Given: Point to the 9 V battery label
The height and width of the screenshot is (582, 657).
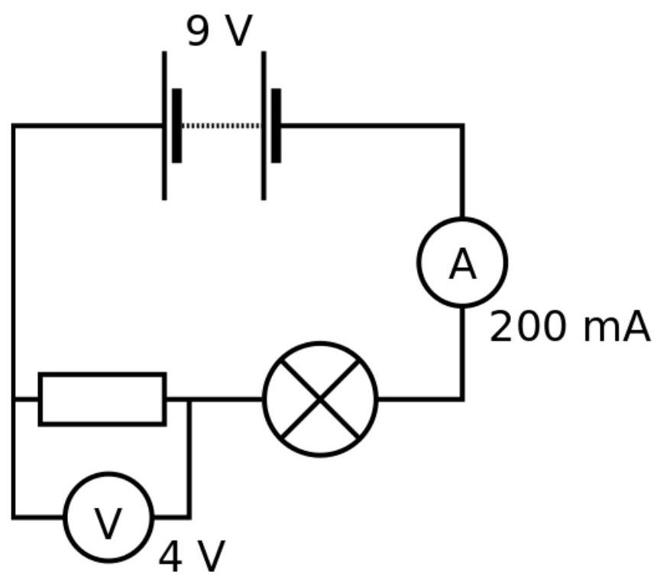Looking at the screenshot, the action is point(219,31).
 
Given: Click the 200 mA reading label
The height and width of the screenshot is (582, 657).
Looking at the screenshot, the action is point(569,327).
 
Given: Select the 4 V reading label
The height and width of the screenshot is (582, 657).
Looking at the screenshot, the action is point(192,557).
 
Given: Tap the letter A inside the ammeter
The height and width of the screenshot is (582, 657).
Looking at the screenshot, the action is point(463,264).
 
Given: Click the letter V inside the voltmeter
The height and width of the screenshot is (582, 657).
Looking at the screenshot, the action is point(108,523).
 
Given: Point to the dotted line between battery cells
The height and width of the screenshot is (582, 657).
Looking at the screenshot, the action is point(221,125).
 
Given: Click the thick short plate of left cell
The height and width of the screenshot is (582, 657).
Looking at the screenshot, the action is point(177,125).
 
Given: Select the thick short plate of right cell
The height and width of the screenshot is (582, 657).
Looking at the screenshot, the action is point(276,125).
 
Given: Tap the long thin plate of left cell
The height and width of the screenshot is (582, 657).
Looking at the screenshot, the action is point(164,125).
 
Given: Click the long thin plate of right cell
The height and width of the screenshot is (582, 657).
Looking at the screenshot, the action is point(264,125).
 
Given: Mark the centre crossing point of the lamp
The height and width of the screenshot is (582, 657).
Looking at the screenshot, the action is point(320,399).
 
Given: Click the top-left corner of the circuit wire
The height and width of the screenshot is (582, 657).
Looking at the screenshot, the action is point(14,126).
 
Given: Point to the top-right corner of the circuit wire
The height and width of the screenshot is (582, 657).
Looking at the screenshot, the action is point(462,126).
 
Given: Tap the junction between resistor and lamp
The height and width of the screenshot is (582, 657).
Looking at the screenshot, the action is point(189,399).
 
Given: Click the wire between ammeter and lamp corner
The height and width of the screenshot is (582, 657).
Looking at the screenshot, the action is point(462,353).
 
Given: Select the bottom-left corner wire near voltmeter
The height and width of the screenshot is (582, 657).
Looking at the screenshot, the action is point(14,517).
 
